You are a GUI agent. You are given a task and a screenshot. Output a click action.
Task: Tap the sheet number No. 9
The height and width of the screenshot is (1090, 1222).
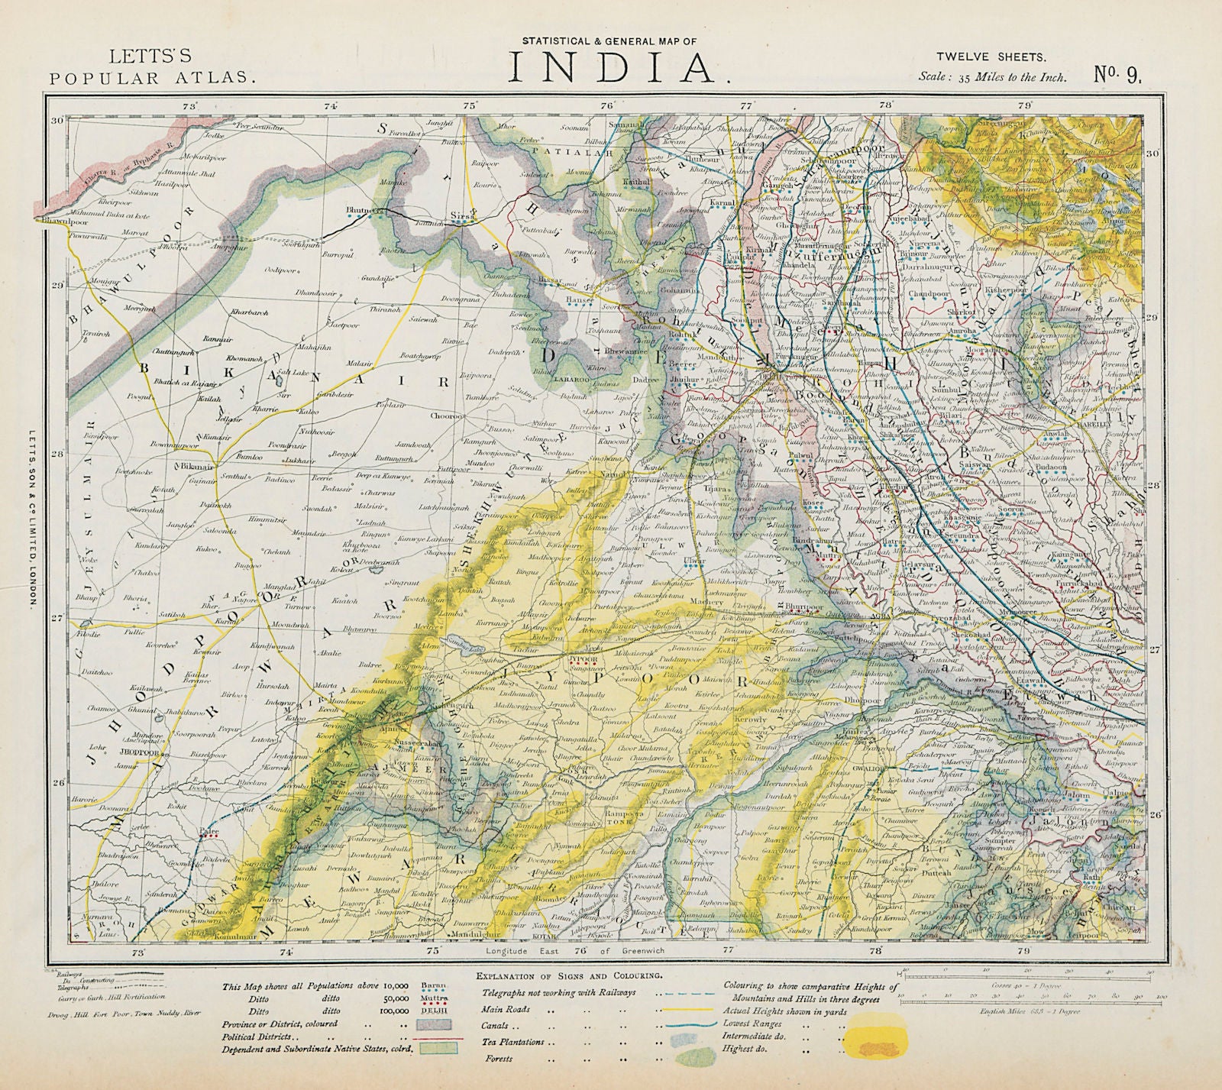(x=1116, y=74)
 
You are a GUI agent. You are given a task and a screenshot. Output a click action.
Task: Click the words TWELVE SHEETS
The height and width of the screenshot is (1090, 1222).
(x=986, y=55)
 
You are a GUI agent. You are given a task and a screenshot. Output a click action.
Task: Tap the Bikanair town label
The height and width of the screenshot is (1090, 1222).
(x=197, y=465)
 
